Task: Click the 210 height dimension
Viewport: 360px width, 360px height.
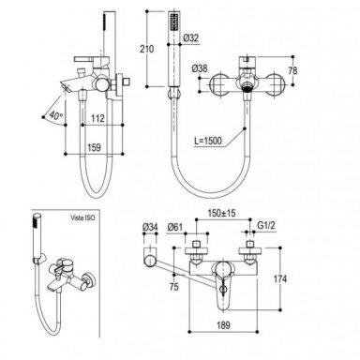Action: [147, 49]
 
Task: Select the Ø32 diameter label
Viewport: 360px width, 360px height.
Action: [190, 38]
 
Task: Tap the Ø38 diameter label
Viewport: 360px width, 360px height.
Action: [200, 68]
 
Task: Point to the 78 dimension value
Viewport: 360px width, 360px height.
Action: [292, 70]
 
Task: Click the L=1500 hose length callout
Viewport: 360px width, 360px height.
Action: [208, 141]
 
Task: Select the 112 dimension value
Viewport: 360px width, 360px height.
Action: [97, 118]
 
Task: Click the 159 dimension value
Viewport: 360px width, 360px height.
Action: [94, 147]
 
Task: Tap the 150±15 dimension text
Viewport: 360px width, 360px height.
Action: [222, 214]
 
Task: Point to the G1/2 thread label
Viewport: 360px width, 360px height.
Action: [266, 225]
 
